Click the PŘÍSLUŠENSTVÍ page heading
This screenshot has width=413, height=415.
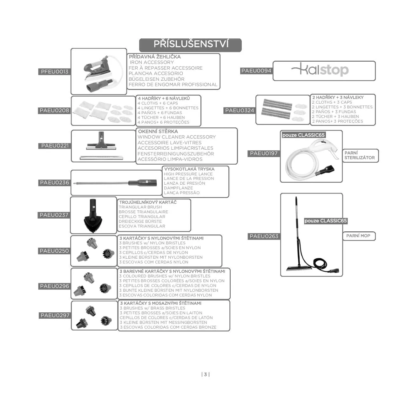point(191,44)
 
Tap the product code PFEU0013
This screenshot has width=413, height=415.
point(54,71)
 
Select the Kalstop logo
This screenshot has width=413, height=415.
point(320,70)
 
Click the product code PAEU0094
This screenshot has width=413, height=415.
point(256,71)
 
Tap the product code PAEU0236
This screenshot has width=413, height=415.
point(54,183)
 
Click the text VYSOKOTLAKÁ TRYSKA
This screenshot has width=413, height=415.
point(189,169)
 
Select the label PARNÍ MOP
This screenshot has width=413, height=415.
point(358,236)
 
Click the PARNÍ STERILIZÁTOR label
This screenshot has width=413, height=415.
point(360,155)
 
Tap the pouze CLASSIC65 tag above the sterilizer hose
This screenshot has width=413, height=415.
point(303,135)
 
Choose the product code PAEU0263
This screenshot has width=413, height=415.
point(264,236)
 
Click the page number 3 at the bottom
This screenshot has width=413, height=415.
point(206,374)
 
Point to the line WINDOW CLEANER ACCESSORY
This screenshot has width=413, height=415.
point(177,137)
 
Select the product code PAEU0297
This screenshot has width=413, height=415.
point(55,315)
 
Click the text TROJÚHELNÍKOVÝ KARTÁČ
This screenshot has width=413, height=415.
point(148,202)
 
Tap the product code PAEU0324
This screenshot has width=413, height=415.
point(240,111)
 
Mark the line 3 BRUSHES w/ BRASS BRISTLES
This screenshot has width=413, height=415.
point(152,308)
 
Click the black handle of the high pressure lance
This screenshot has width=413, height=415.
point(143,183)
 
